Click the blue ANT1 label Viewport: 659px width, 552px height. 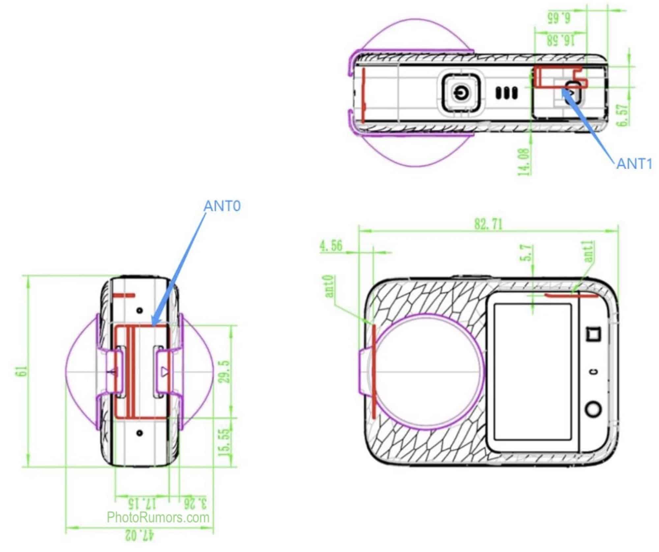click(634, 164)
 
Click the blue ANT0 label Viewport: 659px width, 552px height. click(222, 206)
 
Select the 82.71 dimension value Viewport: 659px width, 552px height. click(489, 224)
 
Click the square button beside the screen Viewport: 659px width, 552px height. click(593, 334)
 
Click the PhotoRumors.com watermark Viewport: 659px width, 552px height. click(158, 517)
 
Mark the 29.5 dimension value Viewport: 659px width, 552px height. click(225, 371)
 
